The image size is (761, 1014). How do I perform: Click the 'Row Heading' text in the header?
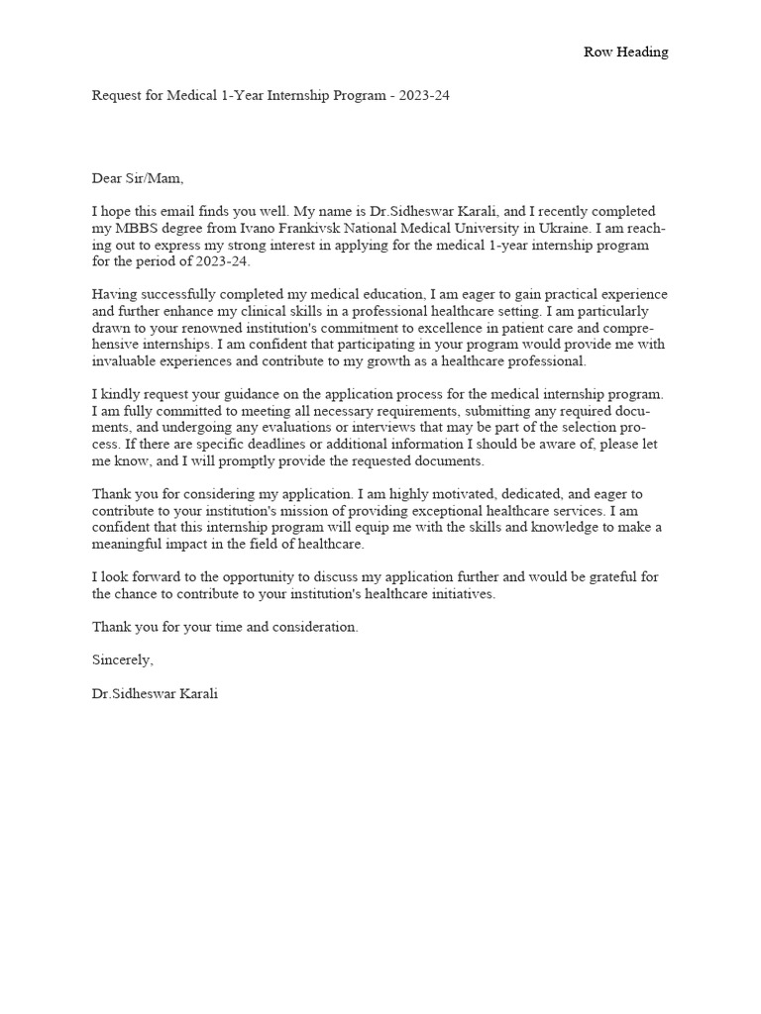625,52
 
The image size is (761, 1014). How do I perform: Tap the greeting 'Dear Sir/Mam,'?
138,179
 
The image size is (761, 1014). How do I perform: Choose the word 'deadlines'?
280,446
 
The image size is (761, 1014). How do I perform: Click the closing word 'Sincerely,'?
123,659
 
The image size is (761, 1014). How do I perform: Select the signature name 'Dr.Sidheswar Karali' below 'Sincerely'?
155,694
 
